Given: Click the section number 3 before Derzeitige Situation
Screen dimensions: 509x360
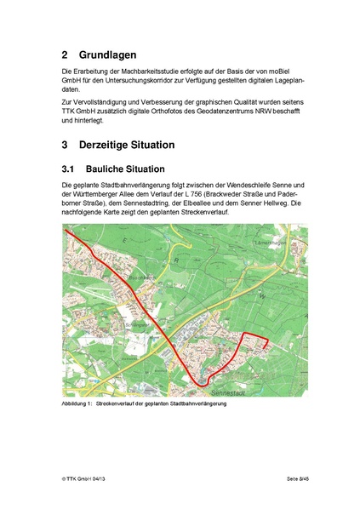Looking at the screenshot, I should point(66,145).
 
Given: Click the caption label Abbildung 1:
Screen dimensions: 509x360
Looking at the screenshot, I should point(77,403).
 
